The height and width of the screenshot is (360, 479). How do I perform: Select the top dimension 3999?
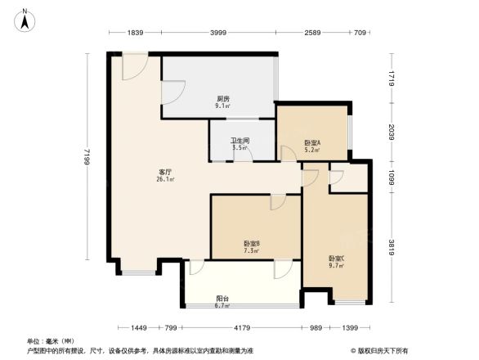[x=217, y=33]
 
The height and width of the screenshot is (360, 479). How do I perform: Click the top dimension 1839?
[x=136, y=33]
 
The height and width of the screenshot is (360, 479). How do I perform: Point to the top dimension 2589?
[x=314, y=33]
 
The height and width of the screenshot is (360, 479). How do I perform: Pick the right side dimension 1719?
[x=392, y=79]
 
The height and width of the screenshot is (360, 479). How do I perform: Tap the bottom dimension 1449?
[x=138, y=327]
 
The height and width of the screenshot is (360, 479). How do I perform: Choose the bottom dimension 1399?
[x=351, y=327]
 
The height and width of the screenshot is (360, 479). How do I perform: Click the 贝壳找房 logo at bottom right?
[x=383, y=349]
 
